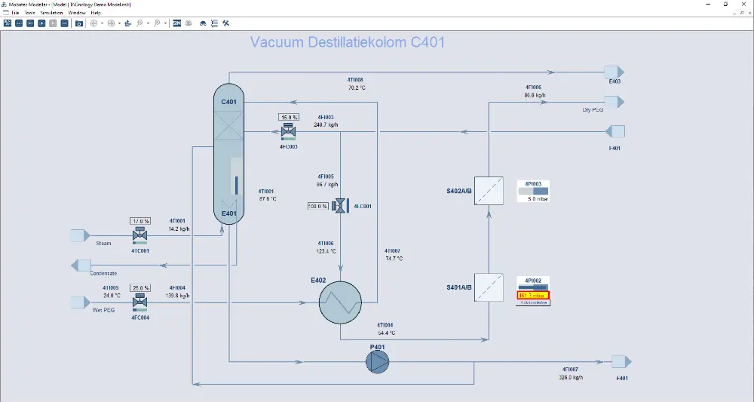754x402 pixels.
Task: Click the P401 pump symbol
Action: [x=378, y=362]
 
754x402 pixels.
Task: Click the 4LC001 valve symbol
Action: [x=340, y=206]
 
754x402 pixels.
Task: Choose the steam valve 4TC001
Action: [x=139, y=236]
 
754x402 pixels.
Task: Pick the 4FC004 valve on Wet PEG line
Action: [x=139, y=302]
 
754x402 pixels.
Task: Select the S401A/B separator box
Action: [x=489, y=287]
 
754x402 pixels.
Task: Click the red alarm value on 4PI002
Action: [x=533, y=295]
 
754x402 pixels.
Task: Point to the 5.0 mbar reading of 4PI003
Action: [x=536, y=199]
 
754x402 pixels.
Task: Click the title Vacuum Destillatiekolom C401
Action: [x=347, y=42]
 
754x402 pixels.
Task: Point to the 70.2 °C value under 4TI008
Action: [x=356, y=87]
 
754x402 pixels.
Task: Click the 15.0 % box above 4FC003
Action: [x=289, y=118]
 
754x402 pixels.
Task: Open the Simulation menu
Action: [x=51, y=13]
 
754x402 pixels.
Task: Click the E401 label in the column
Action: [x=229, y=213]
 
